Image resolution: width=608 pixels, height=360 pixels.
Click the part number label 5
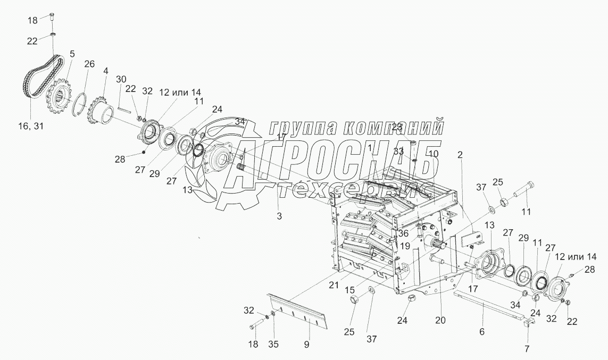pos(72,54)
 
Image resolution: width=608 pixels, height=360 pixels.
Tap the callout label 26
pos(89,64)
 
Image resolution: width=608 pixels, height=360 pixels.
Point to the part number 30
pos(121,79)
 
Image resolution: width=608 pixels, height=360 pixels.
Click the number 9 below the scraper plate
pos(307,344)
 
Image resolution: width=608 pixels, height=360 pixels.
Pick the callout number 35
pos(273,344)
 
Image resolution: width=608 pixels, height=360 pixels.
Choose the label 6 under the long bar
pos(482,332)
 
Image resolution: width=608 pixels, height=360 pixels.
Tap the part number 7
pos(527,349)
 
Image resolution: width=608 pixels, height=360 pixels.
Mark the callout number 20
pos(440,320)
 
